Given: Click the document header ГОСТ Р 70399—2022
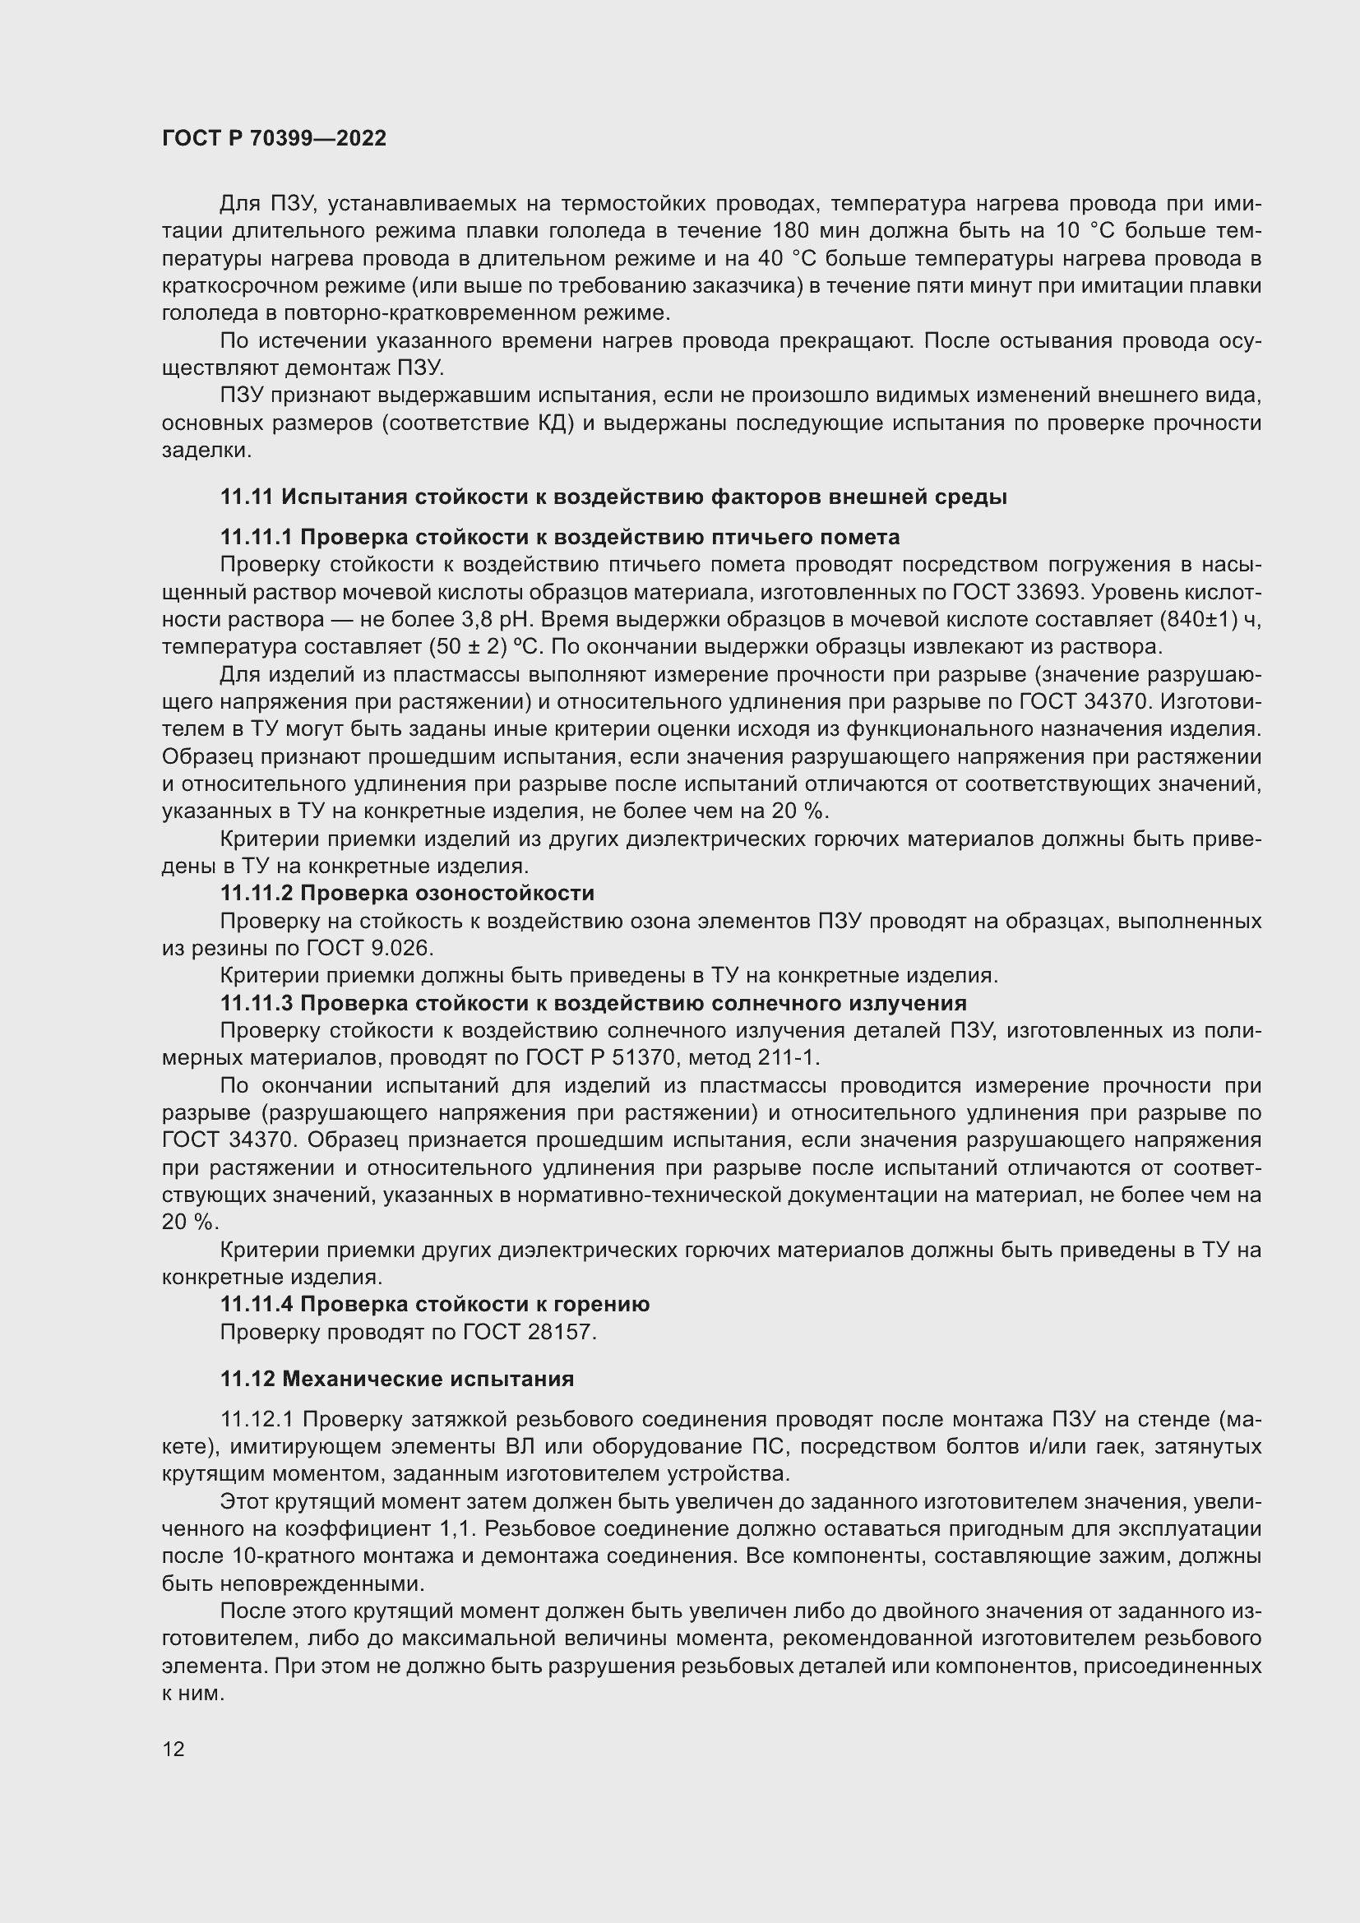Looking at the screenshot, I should (274, 138).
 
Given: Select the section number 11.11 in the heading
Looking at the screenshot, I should (246, 497).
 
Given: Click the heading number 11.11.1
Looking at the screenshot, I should (257, 537).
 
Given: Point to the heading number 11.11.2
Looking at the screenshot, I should (257, 893).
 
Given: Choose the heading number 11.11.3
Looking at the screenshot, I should (257, 1002).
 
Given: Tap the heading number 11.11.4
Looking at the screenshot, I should (257, 1304).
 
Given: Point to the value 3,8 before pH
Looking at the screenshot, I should (479, 620).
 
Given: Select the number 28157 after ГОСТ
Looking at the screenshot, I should (560, 1332).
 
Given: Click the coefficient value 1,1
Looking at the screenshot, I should (457, 1528).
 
